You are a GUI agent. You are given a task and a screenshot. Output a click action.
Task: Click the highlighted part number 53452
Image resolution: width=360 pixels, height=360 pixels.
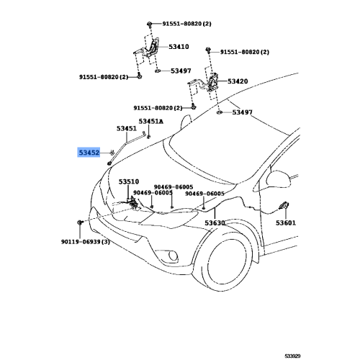89,153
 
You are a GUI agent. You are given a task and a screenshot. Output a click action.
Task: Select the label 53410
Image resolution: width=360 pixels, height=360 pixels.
179,47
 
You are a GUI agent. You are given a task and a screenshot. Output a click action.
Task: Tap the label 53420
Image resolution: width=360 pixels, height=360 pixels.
238,81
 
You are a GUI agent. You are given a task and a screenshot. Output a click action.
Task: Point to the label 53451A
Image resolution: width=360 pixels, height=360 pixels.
151,122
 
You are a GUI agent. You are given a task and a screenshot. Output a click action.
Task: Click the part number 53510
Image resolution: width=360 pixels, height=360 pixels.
129,181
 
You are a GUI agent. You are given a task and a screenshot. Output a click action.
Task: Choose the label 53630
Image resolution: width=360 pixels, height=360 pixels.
215,223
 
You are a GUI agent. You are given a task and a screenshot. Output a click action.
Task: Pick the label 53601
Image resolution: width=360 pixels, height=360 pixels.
286,223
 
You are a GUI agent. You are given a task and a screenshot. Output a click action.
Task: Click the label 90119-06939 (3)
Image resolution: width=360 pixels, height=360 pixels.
86,242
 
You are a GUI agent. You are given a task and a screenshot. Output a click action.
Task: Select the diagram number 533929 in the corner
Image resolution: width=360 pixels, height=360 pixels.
292,356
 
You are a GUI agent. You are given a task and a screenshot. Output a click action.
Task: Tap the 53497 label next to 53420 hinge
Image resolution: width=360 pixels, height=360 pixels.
243,112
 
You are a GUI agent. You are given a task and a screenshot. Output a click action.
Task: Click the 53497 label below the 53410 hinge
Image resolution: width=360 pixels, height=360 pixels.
181,71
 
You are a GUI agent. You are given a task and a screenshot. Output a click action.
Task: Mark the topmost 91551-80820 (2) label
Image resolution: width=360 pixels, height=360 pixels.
186,24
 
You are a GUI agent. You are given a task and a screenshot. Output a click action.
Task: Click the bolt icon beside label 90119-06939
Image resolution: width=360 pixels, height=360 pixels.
80,222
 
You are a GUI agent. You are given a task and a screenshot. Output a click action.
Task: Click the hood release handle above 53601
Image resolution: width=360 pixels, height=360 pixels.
284,206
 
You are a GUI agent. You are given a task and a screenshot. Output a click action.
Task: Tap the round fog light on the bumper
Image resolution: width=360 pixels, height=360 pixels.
173,256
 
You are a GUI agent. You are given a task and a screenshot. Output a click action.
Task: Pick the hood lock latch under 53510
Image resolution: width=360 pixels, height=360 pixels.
132,203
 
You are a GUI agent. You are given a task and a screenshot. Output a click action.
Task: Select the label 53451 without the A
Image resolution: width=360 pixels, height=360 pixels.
127,129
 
